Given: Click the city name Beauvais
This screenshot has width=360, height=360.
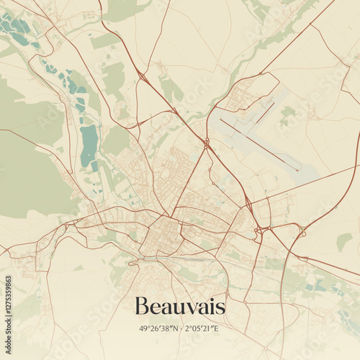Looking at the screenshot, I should (180, 307).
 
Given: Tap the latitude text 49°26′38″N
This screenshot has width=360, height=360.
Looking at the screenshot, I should (161, 328).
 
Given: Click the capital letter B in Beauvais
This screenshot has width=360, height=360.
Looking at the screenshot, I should (143, 307).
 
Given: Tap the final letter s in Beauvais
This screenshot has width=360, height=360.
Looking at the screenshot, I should (220, 309).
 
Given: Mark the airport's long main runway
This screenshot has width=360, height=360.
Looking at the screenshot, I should (259, 145).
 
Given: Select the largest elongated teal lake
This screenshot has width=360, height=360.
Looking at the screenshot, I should (89, 144).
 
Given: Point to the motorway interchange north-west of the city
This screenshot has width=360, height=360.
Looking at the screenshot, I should (141, 77).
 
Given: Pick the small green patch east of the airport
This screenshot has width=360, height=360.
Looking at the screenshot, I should (288, 112).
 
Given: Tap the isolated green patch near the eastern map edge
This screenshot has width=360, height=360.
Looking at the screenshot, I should (344, 241).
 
